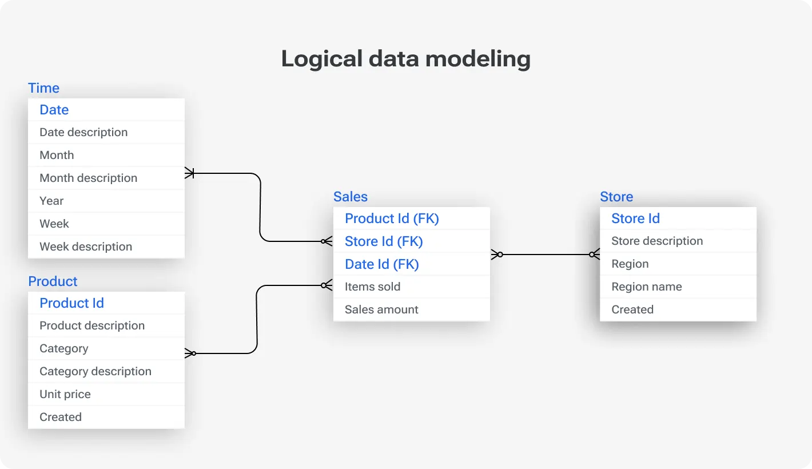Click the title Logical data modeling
click(405, 59)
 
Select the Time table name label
click(44, 88)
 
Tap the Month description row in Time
click(89, 178)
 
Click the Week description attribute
click(86, 247)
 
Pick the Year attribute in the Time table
click(51, 201)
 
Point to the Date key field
click(54, 110)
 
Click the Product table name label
click(53, 281)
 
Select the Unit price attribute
click(65, 394)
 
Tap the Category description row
click(95, 371)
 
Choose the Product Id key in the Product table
click(71, 303)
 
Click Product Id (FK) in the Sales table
click(392, 218)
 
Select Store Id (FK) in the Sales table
click(384, 241)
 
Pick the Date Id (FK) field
click(382, 264)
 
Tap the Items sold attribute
click(372, 287)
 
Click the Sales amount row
click(381, 309)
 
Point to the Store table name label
click(616, 197)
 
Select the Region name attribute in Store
click(647, 287)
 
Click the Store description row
click(657, 241)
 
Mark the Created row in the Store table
click(632, 309)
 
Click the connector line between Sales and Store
click(546, 255)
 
